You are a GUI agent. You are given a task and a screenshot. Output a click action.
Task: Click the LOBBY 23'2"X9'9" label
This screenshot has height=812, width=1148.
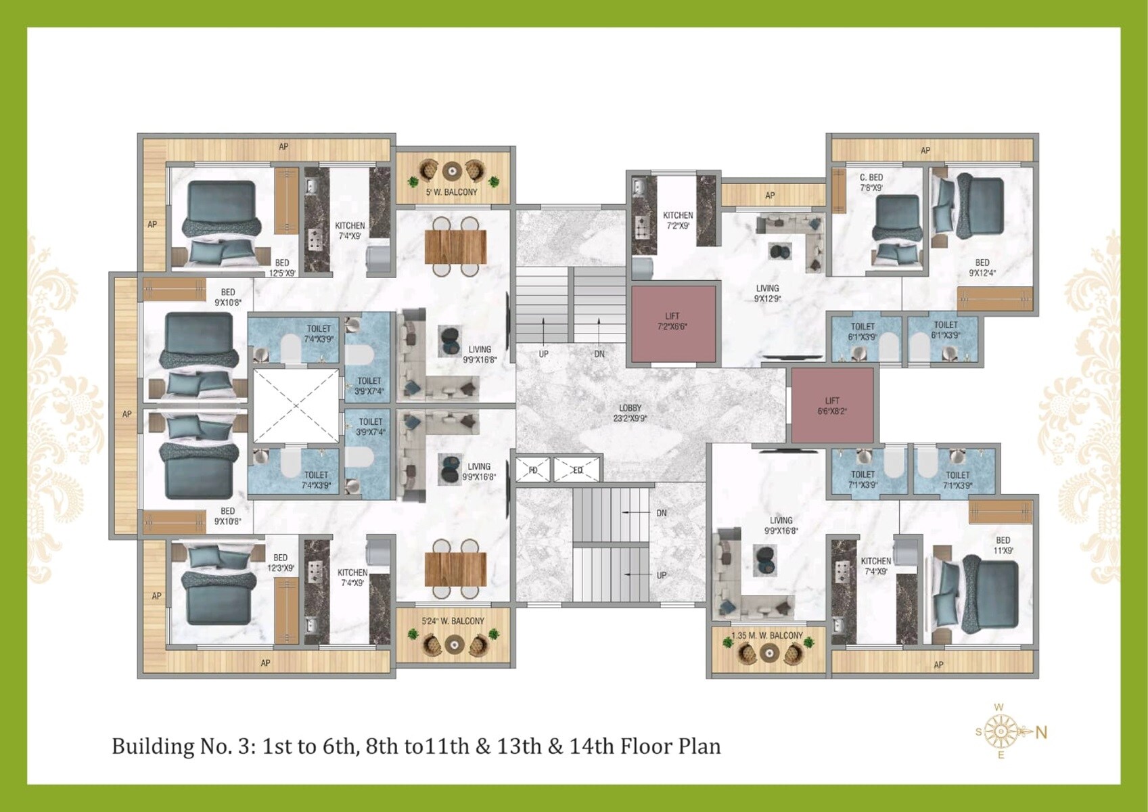point(630,413)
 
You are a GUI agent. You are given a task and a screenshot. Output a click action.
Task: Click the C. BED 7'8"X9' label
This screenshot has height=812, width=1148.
point(871,182)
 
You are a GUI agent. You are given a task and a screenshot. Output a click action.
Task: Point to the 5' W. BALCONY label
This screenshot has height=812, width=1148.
point(451,192)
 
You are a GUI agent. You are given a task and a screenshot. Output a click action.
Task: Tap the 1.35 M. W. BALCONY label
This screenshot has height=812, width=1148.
point(767,635)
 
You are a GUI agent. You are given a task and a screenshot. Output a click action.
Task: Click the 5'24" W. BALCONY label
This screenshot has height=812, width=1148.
point(453,621)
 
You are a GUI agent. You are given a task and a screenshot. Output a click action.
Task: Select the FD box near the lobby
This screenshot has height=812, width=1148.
point(533,470)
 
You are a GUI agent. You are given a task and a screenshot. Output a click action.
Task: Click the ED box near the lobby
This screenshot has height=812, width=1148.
point(577,470)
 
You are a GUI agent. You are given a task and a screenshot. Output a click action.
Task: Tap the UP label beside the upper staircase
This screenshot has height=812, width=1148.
point(543,354)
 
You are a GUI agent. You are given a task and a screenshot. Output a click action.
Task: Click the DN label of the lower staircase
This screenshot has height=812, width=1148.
point(661,513)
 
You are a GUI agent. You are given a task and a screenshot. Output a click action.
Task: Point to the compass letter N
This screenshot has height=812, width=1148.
point(1041,732)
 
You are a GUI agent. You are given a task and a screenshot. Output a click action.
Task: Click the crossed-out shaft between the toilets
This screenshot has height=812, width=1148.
point(296,406)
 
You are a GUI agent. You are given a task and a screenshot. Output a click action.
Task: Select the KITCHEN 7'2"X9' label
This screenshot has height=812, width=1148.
point(678,220)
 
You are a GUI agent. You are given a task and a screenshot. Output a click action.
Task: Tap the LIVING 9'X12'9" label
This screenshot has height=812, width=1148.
point(767,293)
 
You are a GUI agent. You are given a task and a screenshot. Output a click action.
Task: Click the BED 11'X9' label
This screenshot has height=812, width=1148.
point(1003,545)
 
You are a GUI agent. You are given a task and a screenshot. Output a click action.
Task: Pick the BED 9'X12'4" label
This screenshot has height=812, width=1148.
point(982,267)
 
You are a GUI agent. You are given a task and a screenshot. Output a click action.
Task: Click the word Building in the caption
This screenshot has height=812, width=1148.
point(152,746)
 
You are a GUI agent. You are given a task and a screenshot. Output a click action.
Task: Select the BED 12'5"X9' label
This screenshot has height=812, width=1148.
point(282,267)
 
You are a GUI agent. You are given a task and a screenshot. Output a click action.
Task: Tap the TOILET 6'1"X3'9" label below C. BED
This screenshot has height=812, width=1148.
point(863,331)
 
